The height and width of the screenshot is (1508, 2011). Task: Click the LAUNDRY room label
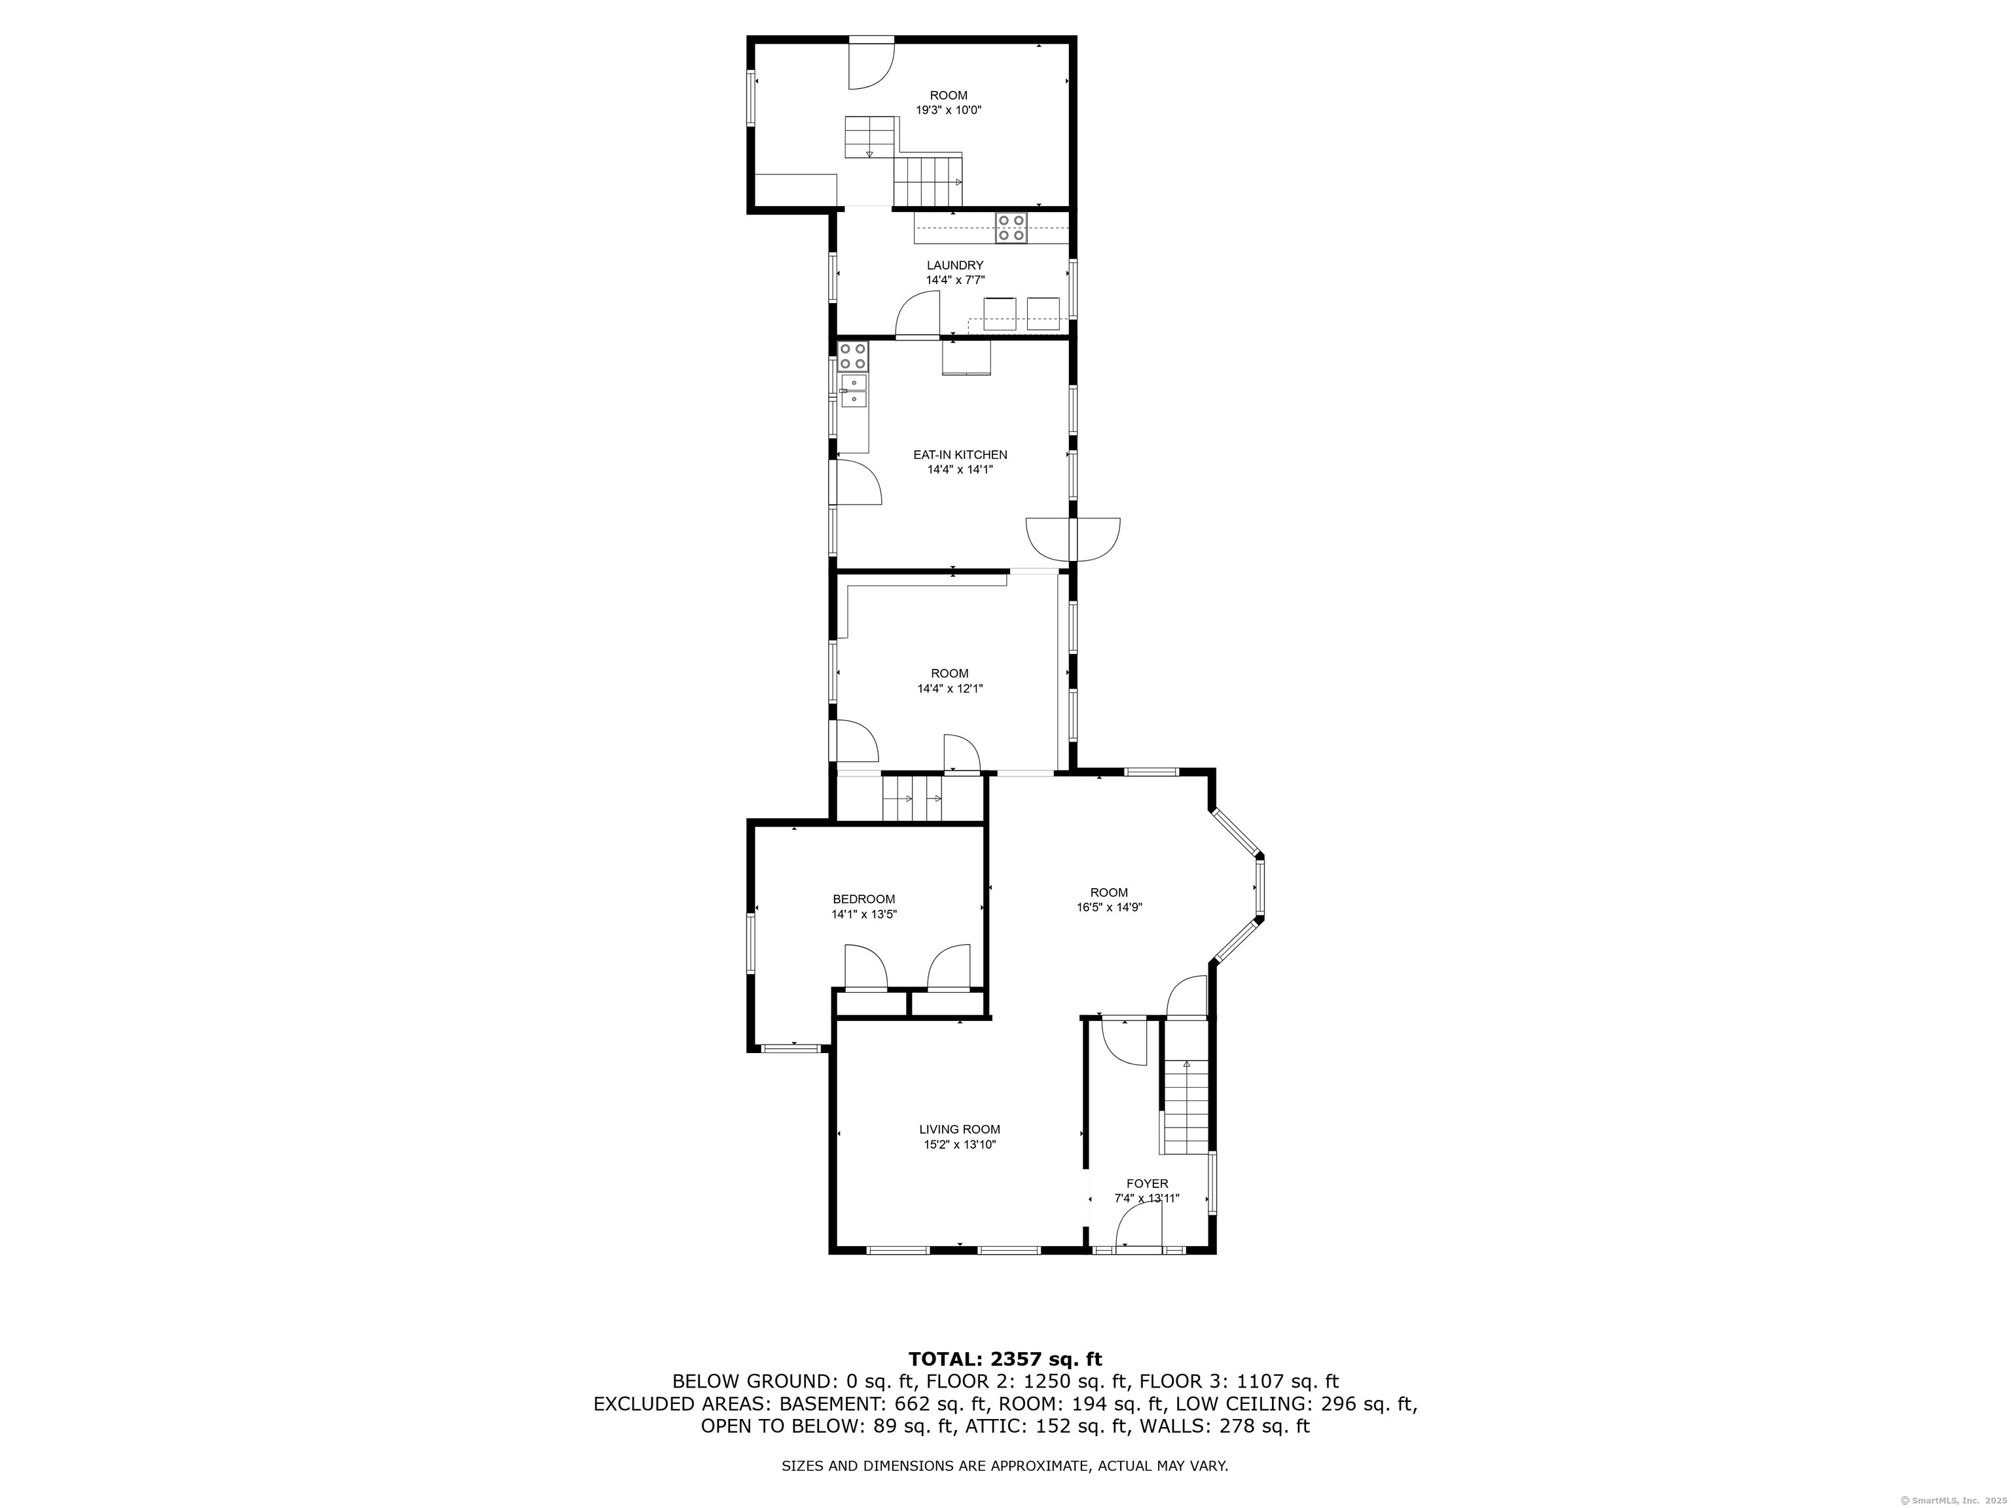[x=954, y=266]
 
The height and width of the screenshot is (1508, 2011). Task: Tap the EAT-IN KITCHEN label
[x=960, y=454]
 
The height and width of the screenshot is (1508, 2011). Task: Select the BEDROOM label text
[x=863, y=899]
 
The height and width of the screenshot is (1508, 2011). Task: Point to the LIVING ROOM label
[x=959, y=1129]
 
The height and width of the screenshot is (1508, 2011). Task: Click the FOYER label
[x=1148, y=1183]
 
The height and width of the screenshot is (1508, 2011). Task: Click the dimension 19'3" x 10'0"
[x=949, y=110]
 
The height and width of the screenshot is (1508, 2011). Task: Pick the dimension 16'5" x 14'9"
[x=1109, y=907]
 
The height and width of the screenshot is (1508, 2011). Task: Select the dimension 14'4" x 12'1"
[x=949, y=689]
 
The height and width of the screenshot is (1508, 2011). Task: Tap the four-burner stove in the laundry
[x=1011, y=227]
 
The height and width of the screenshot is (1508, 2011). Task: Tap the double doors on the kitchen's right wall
[x=1073, y=538]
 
